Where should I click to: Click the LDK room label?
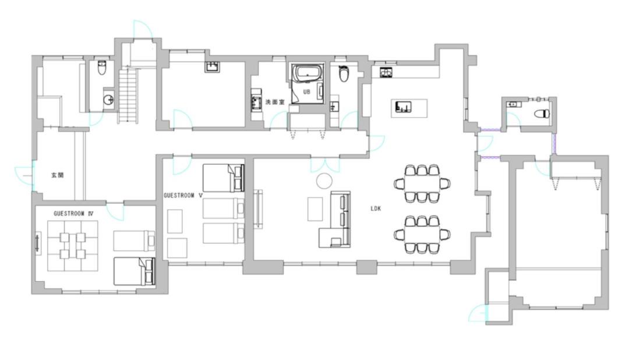click(376, 209)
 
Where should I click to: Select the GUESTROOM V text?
click(183, 196)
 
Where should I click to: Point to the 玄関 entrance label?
click(57, 175)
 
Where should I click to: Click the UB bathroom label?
click(306, 92)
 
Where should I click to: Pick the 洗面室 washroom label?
click(275, 102)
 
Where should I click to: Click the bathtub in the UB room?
click(307, 73)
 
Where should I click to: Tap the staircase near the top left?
click(128, 95)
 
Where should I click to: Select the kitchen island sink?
click(403, 107)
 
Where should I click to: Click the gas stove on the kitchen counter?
click(386, 73)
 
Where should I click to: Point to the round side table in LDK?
click(324, 181)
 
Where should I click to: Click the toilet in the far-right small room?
click(542, 114)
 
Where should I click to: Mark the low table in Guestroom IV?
click(73, 246)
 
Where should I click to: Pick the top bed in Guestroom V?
click(224, 178)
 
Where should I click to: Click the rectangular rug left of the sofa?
click(315, 209)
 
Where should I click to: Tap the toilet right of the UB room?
click(344, 73)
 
